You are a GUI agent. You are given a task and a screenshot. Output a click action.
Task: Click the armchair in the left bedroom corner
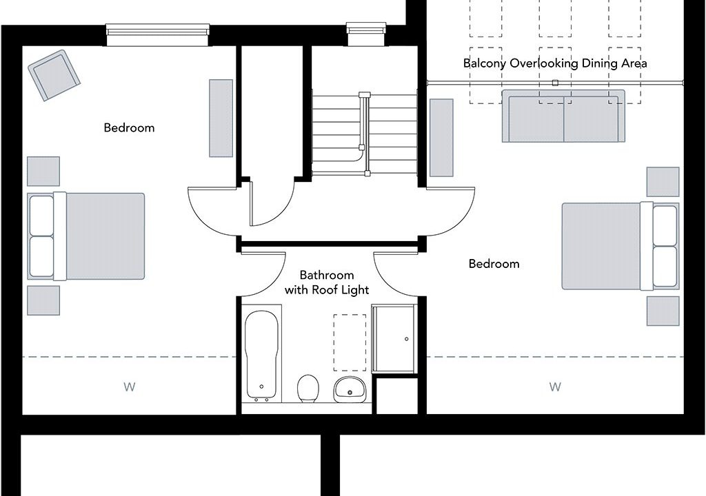pyautogui.click(x=54, y=75)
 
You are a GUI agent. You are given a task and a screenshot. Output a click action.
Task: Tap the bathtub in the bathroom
pyautogui.click(x=261, y=353)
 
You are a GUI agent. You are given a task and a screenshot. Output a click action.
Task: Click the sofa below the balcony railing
pyautogui.click(x=564, y=116)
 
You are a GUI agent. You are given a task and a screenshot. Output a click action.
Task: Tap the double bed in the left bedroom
pyautogui.click(x=86, y=237)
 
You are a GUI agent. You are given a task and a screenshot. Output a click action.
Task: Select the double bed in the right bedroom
pyautogui.click(x=621, y=246)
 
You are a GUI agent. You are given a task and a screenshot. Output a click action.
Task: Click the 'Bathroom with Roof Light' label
pyautogui.click(x=327, y=282)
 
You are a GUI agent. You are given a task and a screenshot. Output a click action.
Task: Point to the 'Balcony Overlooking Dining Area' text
pyautogui.click(x=555, y=63)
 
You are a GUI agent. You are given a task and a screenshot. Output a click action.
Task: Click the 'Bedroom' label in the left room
pyautogui.click(x=129, y=128)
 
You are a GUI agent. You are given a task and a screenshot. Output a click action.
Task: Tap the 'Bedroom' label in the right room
pyautogui.click(x=494, y=264)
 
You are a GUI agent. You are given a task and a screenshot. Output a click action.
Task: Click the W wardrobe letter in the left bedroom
pyautogui.click(x=129, y=386)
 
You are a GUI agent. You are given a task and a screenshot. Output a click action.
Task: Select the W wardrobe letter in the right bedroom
pyautogui.click(x=555, y=386)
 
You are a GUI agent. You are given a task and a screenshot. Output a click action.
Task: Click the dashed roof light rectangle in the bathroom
pyautogui.click(x=350, y=342)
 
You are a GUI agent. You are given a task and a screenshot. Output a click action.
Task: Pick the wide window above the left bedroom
pyautogui.click(x=158, y=35)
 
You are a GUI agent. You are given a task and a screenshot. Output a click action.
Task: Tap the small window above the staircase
pyautogui.click(x=366, y=34)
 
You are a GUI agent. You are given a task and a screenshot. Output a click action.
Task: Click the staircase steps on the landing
pyautogui.click(x=364, y=134)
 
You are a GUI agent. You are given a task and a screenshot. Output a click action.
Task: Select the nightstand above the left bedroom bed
pyautogui.click(x=43, y=172)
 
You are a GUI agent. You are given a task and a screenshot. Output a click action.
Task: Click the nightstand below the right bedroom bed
pyautogui.click(x=663, y=311)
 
